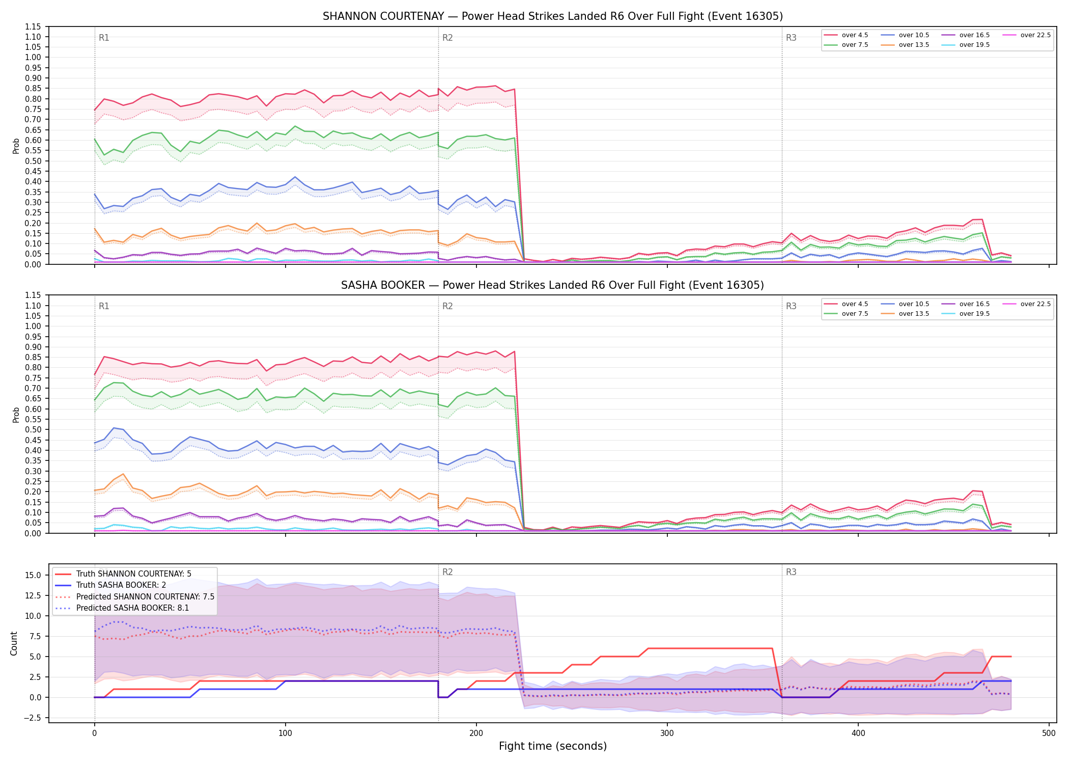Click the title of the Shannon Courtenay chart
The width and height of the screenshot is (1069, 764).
coord(553,16)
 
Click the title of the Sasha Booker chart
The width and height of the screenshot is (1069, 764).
coord(553,285)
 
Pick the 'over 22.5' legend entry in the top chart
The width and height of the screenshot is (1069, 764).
coord(1027,35)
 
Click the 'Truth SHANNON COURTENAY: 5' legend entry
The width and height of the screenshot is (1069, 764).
coord(123,574)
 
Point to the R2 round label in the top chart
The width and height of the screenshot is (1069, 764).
coord(447,38)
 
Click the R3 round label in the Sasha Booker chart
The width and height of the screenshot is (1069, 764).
coord(791,306)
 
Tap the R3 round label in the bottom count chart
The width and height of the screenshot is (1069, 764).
coord(791,572)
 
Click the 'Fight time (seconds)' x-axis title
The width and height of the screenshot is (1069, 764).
coord(553,746)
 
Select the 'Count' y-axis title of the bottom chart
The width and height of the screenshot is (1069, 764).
coord(14,643)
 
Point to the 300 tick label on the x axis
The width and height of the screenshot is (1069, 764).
coord(667,733)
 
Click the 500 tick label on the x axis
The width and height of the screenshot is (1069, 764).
coord(1049,733)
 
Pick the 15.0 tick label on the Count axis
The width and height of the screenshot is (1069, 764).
coord(34,575)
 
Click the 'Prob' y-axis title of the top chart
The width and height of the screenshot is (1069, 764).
coord(16,146)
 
